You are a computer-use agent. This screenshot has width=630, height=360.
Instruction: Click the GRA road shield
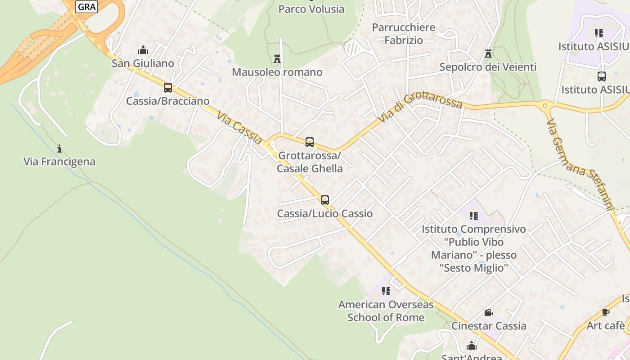86,7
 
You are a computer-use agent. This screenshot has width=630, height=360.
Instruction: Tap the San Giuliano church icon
143,49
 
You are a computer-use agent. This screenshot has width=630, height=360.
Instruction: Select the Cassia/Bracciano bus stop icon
168,87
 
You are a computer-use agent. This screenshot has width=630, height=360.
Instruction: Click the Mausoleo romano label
277,72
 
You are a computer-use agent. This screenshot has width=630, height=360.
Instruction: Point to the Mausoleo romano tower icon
277,58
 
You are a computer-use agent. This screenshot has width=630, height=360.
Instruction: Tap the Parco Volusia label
311,9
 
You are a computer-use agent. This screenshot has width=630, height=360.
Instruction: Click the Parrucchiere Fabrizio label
404,34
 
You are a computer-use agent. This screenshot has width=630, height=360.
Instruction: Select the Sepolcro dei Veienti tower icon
488,54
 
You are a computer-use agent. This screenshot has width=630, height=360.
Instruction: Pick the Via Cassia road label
239,128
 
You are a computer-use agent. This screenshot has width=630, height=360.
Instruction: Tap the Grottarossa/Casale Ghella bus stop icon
310,142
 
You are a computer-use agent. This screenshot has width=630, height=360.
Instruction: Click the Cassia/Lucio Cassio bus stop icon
325,200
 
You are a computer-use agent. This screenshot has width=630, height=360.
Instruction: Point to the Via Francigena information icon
59,148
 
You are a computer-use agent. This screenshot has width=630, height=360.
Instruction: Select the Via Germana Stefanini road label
580,164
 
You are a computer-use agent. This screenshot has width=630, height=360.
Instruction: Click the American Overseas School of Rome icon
386,291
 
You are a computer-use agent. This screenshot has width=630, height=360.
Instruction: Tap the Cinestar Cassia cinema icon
488,312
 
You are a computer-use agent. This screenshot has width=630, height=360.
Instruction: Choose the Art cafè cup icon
606,312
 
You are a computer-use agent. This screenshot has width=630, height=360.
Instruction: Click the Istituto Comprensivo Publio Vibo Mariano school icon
473,216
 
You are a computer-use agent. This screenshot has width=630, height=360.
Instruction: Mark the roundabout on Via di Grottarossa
545,107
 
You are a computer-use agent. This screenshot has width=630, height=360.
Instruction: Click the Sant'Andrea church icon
472,346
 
